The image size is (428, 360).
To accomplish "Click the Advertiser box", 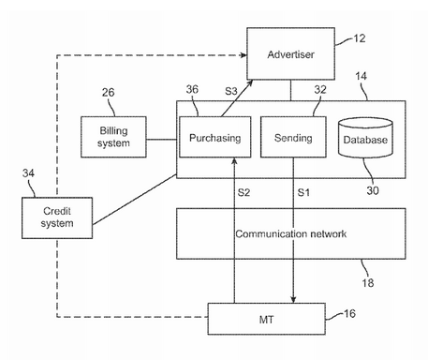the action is point(290,53).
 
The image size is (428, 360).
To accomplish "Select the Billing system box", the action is point(113,137).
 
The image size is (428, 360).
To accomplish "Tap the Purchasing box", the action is point(215,137).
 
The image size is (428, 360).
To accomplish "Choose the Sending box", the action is point(293,137).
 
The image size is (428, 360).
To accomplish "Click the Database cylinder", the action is point(365,138).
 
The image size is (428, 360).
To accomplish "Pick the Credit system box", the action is point(57,217).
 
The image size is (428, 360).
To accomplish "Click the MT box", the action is point(267,319).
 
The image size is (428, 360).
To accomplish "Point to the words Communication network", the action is point(290,233).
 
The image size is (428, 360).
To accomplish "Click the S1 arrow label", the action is point(303,192).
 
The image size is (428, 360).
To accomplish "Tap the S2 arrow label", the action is point(244,192).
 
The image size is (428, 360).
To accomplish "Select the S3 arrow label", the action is point(231,91).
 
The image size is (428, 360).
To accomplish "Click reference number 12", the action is point(360,38).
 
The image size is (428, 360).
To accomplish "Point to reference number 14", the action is point(362,76).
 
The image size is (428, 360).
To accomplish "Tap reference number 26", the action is point(108,92).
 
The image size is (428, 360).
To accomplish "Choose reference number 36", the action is point(192,89).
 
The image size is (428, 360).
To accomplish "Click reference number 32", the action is point(320,90).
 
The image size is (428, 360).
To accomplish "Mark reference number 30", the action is point(373,190).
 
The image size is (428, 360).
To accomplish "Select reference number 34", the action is point(28,173).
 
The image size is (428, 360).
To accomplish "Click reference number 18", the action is point(368,283).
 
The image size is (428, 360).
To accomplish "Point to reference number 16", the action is point(349,313).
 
